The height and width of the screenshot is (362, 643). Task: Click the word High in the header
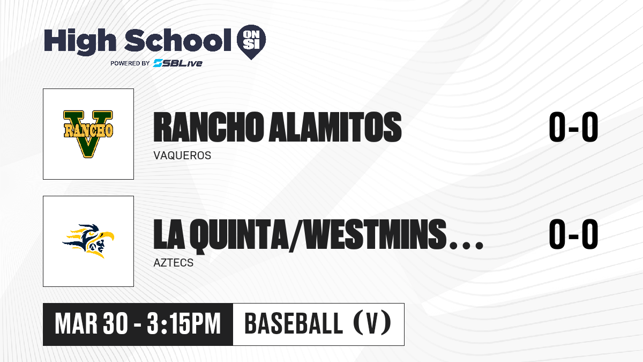[80, 41]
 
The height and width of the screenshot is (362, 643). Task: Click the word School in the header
[178, 40]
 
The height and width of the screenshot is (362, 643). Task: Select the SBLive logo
[178, 63]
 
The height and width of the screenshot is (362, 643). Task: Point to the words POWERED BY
[130, 63]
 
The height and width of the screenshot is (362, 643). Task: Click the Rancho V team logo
[88, 134]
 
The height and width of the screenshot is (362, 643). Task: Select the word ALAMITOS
[335, 127]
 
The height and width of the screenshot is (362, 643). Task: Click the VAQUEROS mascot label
[182, 156]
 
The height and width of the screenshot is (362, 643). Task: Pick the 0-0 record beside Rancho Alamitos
[573, 127]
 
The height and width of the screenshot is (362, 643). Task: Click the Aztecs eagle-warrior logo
[88, 241]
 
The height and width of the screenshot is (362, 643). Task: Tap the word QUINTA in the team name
[243, 234]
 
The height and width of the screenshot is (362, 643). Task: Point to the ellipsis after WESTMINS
[467, 246]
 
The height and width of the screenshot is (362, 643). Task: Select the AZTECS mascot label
[174, 263]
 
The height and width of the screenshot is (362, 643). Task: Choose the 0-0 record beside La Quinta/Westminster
[573, 234]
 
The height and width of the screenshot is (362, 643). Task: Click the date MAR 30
[91, 324]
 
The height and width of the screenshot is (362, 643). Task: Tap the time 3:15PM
[184, 324]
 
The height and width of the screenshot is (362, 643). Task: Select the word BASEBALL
[294, 323]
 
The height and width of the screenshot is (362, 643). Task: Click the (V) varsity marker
[372, 323]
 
